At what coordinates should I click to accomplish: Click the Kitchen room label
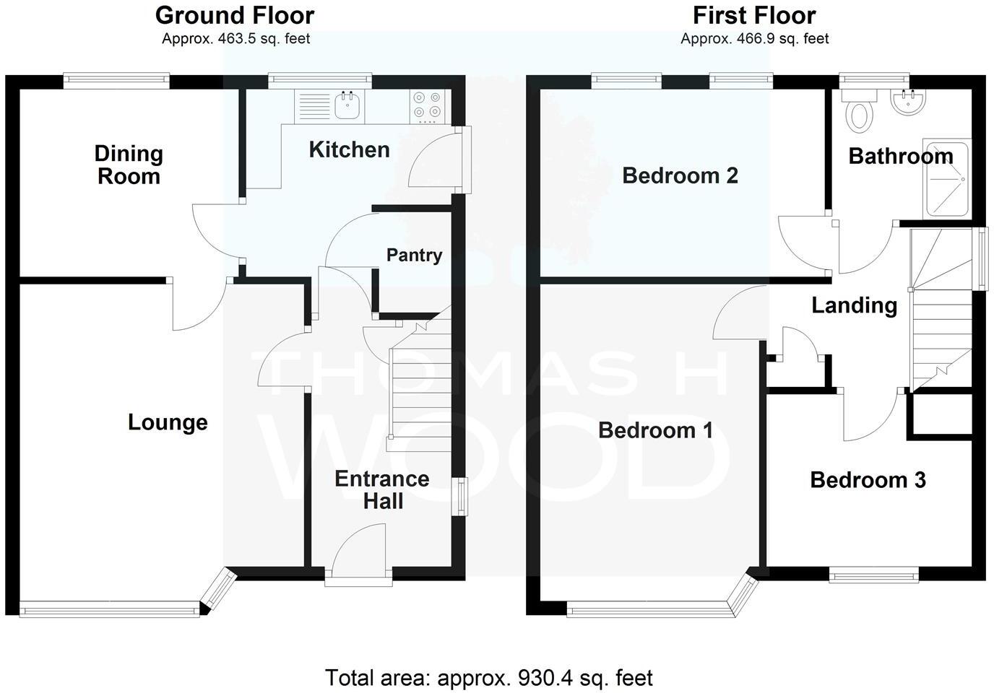(349, 149)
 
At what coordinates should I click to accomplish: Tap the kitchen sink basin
(348, 105)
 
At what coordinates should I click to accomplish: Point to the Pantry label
(414, 255)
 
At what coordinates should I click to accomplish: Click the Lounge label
(168, 422)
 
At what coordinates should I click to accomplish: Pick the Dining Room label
(129, 165)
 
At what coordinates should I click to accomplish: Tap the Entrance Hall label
(382, 489)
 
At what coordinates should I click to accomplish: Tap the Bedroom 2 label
(680, 175)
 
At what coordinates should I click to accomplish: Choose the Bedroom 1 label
(655, 430)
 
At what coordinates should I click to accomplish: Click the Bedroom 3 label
(868, 480)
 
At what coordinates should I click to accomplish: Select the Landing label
(854, 305)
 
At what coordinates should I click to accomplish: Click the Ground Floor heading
(235, 15)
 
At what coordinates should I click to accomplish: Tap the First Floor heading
(754, 15)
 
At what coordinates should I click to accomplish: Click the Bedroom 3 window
(873, 575)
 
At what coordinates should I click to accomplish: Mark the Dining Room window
(116, 81)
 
